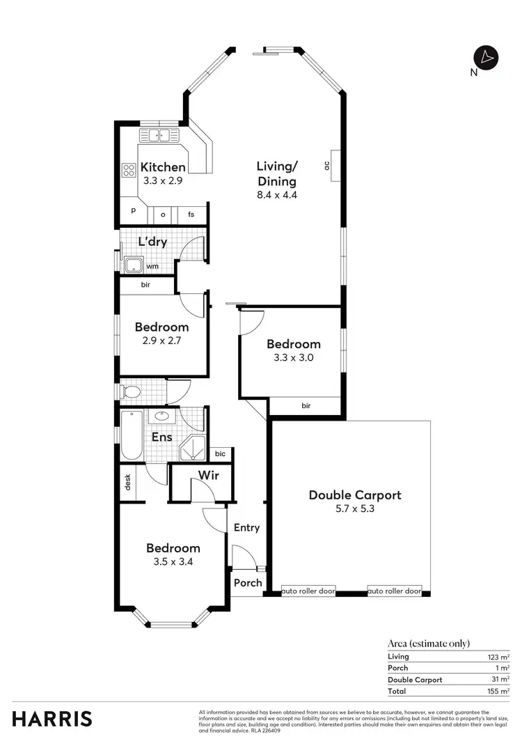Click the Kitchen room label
163,167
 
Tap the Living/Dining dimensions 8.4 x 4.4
277,195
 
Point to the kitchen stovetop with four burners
129,169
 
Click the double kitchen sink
159,136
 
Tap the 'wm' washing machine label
152,265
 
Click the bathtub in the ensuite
131,436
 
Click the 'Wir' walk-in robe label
209,476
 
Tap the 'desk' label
127,482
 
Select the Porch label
248,583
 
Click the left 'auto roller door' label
308,591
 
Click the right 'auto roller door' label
395,591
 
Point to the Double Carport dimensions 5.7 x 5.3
354,510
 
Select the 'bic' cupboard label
220,454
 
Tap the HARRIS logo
52,719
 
